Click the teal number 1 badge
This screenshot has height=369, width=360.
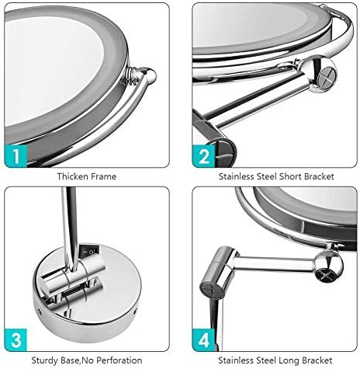coord(16,155)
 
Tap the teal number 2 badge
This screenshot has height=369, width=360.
coord(203,155)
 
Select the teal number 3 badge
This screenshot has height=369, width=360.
coord(16,339)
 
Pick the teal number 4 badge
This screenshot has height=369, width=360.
coord(203,339)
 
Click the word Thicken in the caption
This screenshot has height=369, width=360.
coord(72,176)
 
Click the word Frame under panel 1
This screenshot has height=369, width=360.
coord(103,176)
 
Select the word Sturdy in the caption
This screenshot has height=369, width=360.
coord(44,360)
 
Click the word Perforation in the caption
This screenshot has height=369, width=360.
coord(119,360)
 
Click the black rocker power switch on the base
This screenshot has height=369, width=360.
coord(88,251)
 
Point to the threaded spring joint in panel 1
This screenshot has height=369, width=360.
coord(130,75)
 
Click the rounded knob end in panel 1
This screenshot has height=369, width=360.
coord(148,75)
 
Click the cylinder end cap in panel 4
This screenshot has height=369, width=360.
coord(210,290)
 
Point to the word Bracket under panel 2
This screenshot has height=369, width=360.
coord(319,176)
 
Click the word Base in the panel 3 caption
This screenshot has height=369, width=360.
coord(70,360)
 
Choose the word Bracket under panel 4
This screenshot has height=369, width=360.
coord(317,360)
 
